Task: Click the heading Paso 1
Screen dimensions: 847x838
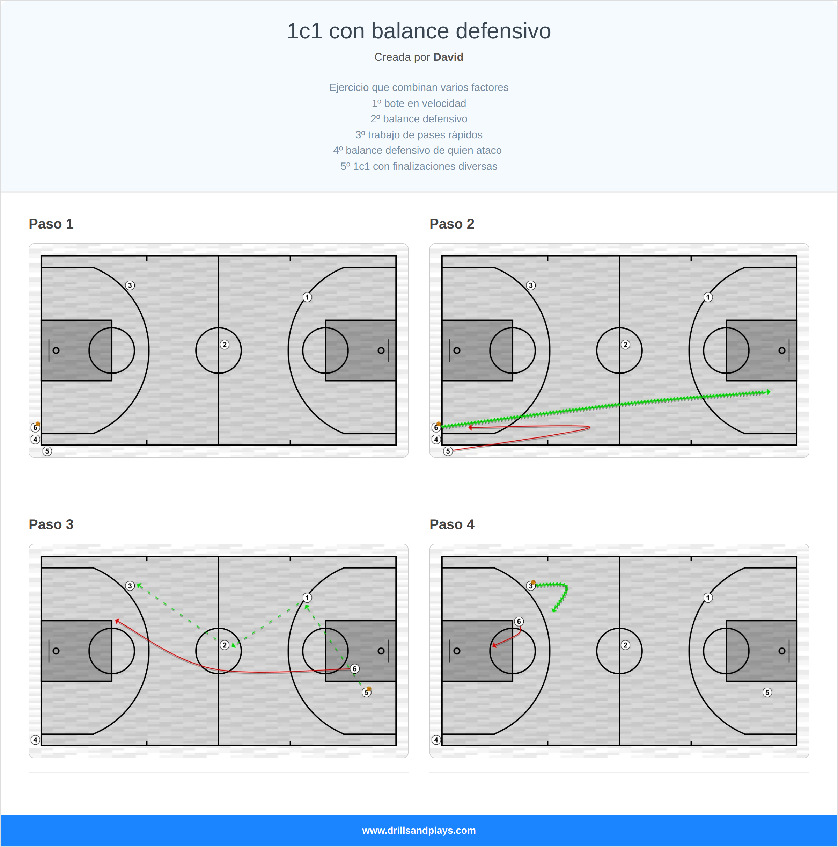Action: click(51, 224)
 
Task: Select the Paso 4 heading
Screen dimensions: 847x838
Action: click(451, 524)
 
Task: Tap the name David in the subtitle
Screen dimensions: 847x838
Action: click(448, 57)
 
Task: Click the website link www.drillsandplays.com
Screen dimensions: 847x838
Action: click(419, 830)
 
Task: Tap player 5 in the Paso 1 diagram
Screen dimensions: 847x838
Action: click(47, 451)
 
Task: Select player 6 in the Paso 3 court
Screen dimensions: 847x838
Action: click(355, 668)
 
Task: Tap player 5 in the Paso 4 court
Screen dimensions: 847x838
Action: click(767, 693)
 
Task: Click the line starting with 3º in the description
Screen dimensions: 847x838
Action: click(419, 135)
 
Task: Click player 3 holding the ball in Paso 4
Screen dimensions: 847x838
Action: click(530, 586)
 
